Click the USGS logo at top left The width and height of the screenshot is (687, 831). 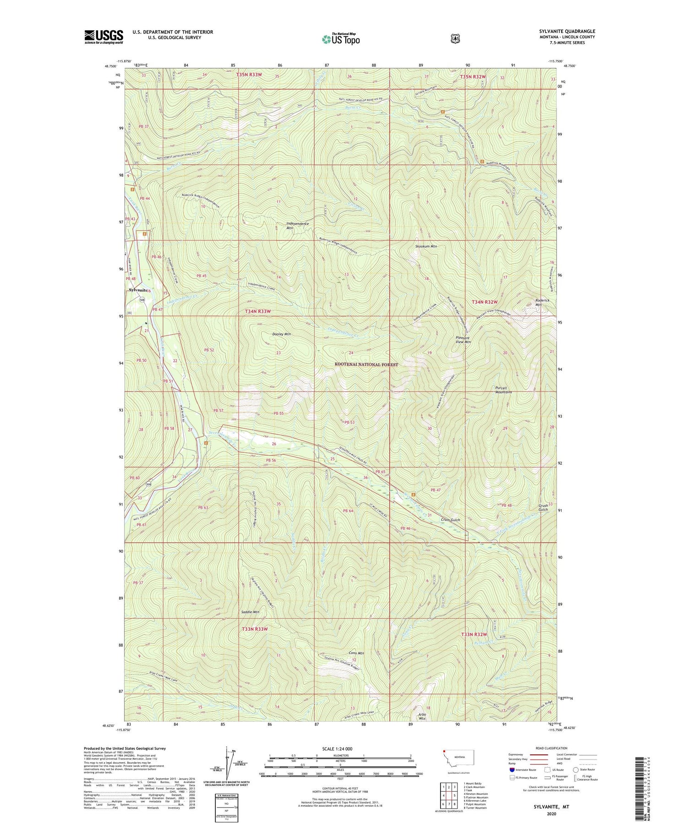click(x=104, y=37)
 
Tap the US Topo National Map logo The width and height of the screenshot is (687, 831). click(x=340, y=39)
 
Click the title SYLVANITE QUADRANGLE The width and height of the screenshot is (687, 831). click(x=567, y=31)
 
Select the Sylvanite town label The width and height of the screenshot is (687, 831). click(x=138, y=290)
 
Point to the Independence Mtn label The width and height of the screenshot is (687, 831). click(x=297, y=226)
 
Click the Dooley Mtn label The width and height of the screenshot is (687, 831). click(x=281, y=334)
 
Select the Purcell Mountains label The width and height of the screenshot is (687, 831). click(x=503, y=390)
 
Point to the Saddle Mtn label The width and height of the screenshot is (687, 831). click(x=250, y=612)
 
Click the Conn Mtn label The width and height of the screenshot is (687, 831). click(x=356, y=653)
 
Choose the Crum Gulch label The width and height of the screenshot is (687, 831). click(x=450, y=520)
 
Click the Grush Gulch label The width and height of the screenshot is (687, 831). click(x=543, y=508)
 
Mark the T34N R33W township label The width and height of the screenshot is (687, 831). click(x=257, y=311)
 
